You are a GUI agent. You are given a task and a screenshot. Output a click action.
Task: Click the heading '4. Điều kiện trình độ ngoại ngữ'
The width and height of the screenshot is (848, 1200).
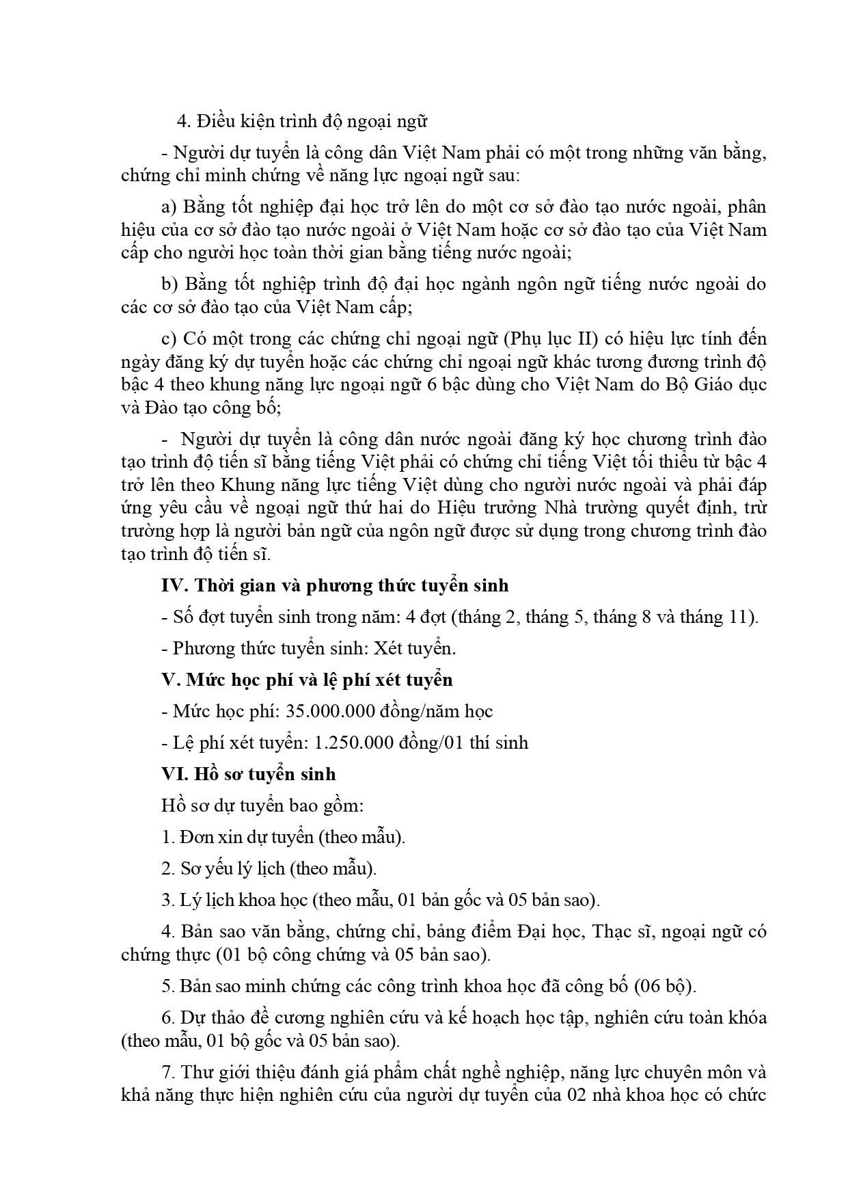point(301,122)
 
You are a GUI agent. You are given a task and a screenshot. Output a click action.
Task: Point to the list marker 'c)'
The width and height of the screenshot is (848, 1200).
point(169,338)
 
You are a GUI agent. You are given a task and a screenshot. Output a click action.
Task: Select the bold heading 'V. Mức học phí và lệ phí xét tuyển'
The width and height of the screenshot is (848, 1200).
point(307,680)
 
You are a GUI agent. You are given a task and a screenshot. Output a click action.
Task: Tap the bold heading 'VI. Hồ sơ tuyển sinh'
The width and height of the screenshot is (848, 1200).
point(249,774)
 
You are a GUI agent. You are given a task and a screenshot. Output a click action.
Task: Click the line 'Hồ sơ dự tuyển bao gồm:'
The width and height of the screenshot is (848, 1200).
point(262,805)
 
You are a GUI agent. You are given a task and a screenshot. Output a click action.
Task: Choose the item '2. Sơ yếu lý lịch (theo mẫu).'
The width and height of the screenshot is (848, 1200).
point(269,868)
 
